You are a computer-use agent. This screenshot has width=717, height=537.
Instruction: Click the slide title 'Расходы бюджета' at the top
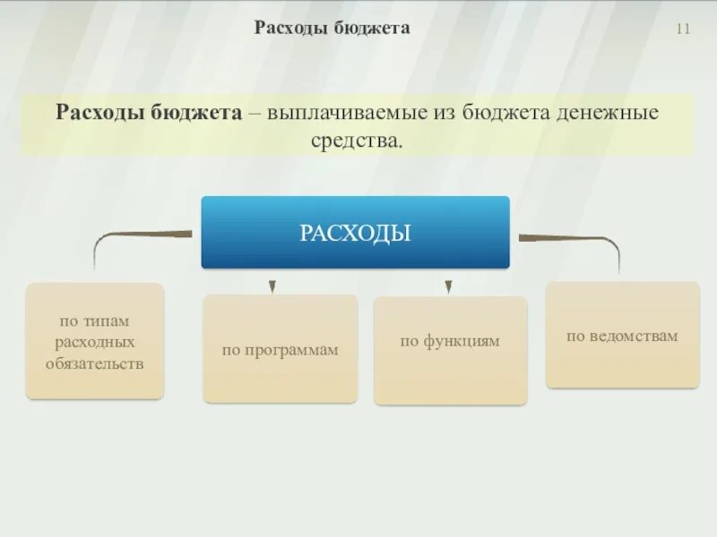332,28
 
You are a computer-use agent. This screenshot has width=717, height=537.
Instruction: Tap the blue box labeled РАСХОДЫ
355,234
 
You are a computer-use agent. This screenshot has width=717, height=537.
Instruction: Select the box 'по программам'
280,349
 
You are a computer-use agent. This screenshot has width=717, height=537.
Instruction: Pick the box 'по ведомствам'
622,336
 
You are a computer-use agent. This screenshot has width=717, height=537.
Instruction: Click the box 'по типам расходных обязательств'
95,341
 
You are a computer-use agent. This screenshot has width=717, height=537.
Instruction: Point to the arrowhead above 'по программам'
272,287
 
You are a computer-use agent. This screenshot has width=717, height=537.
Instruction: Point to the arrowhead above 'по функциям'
447,287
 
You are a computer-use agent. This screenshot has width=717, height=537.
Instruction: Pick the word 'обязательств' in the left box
95,364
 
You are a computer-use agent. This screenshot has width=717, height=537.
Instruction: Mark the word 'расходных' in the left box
95,342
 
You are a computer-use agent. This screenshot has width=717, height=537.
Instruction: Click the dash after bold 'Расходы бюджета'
255,115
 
